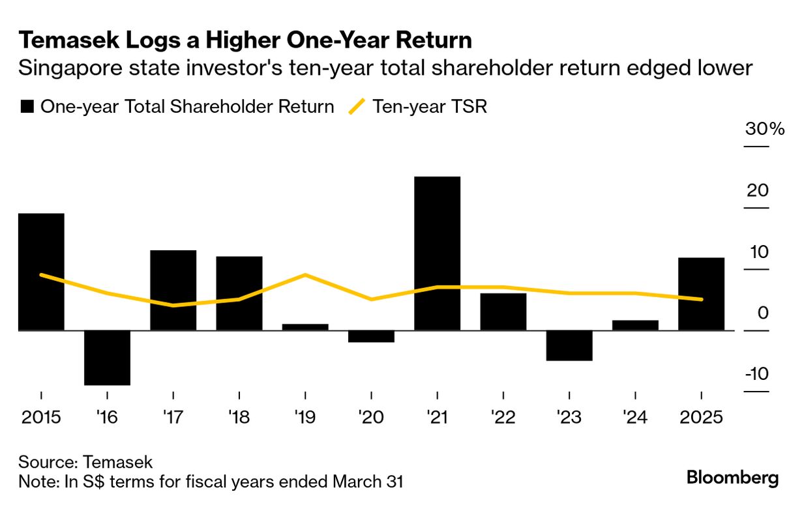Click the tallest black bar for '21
coord(437,254)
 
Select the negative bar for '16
coord(108,358)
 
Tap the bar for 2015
coord(41,272)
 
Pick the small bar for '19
coord(305,327)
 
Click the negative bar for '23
coord(569,345)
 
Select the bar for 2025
coord(701,294)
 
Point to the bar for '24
coord(635,325)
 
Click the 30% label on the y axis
coord(765,129)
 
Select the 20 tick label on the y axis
coord(758,191)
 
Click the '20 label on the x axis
coord(371,417)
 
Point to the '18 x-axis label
coord(239,417)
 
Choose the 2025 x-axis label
coord(700,417)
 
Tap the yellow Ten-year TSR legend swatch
coord(357,107)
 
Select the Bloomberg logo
coord(732,478)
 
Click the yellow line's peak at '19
coord(305,275)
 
